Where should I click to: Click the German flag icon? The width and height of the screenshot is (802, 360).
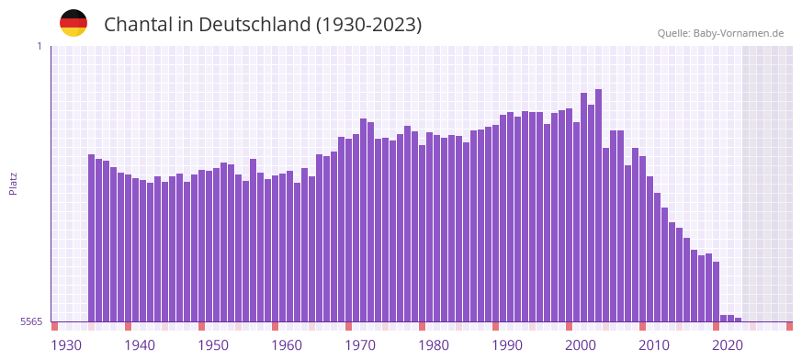pyautogui.click(x=73, y=23)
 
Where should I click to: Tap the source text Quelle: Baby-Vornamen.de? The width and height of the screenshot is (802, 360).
pyautogui.click(x=720, y=33)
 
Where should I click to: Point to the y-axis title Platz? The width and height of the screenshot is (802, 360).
pyautogui.click(x=13, y=183)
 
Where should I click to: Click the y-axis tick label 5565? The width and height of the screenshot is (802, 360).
pyautogui.click(x=30, y=321)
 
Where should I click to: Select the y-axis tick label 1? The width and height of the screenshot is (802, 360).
pyautogui.click(x=39, y=46)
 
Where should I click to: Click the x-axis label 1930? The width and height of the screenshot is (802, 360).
pyautogui.click(x=66, y=345)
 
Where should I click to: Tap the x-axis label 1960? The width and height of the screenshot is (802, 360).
pyautogui.click(x=287, y=345)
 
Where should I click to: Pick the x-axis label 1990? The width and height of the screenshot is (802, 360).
pyautogui.click(x=507, y=345)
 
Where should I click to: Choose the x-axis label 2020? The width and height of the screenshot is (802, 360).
pyautogui.click(x=728, y=345)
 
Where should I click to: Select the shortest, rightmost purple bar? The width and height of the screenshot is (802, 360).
pyautogui.click(x=738, y=320)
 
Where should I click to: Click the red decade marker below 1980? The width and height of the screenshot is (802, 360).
pyautogui.click(x=422, y=326)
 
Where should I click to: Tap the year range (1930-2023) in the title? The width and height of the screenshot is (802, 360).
pyautogui.click(x=368, y=25)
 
